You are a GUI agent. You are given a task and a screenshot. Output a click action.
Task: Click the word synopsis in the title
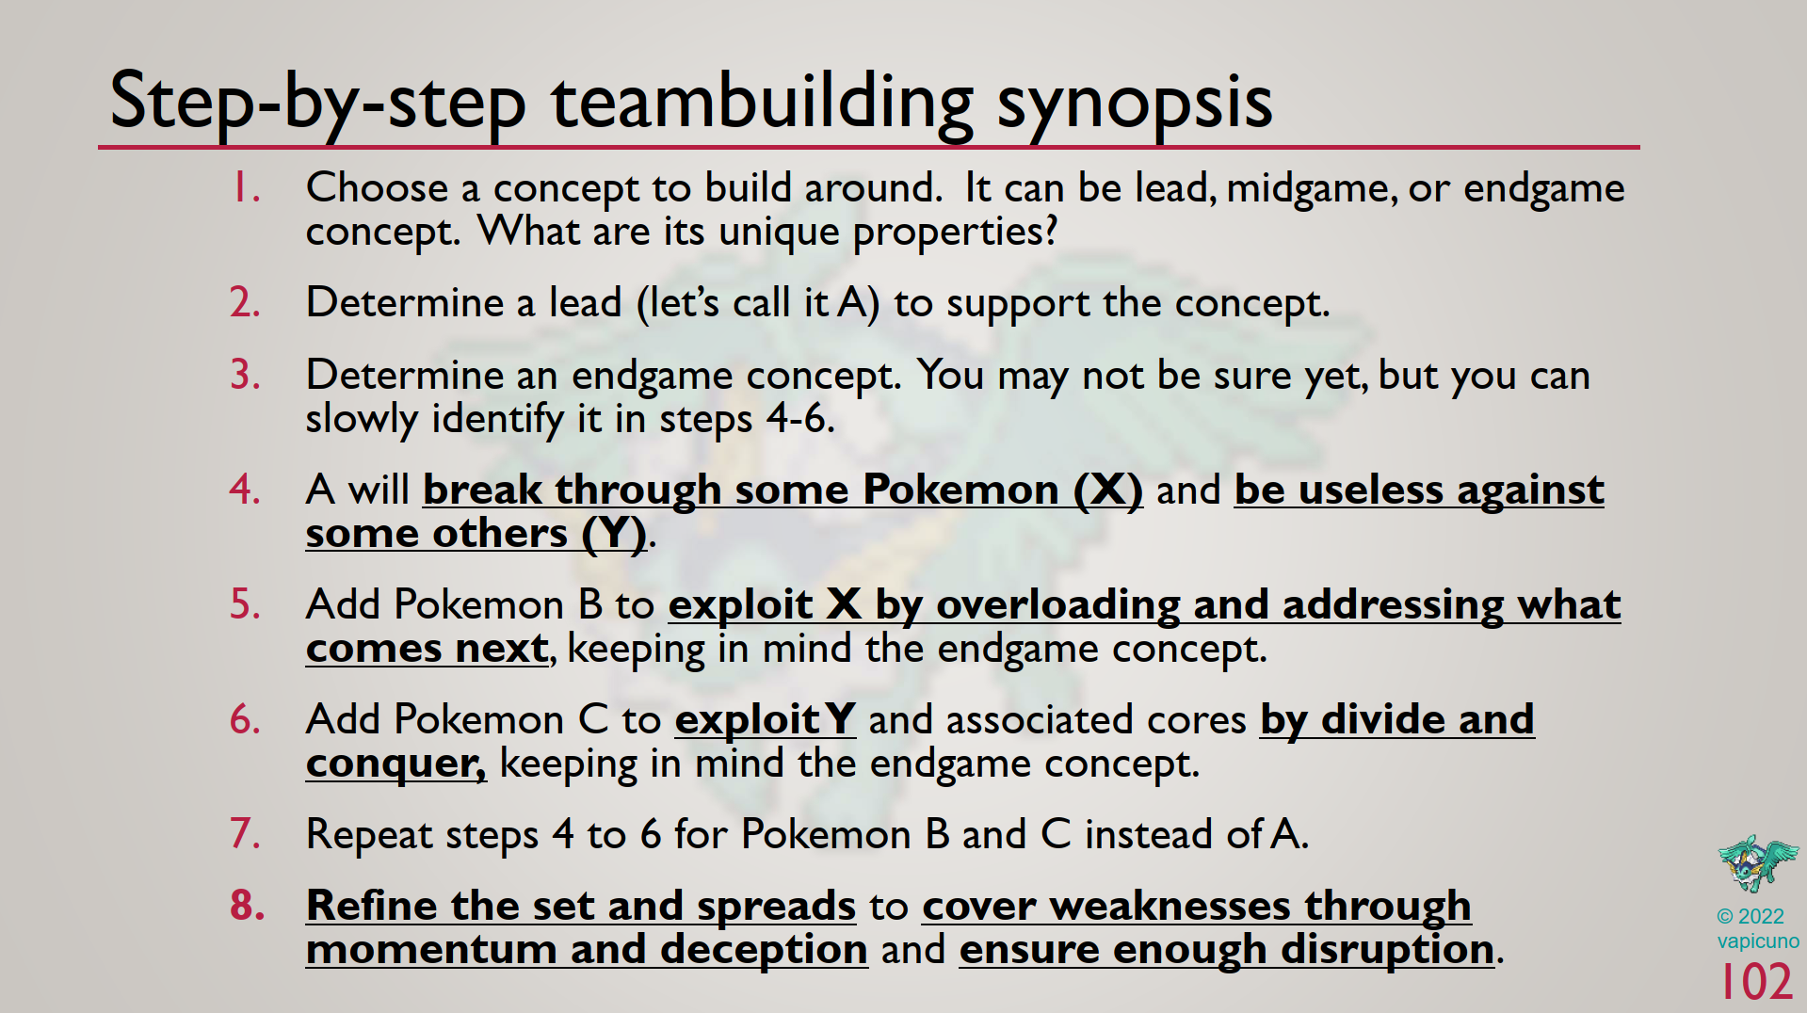tap(1135, 104)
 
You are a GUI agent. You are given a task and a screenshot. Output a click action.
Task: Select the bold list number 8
tap(248, 905)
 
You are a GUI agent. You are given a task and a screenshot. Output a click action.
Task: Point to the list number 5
tap(246, 603)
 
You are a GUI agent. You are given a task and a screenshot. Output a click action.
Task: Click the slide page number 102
tap(1756, 982)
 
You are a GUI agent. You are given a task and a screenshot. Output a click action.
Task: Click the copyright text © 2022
tap(1750, 916)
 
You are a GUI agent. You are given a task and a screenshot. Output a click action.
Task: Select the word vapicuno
tap(1757, 941)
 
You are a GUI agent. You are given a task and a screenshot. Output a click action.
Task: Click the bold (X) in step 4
tap(1108, 490)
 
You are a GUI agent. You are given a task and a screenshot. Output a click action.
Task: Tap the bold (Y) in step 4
tap(614, 534)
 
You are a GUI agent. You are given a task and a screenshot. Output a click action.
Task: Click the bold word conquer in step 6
tap(395, 764)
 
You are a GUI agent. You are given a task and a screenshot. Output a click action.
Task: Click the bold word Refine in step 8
tap(372, 905)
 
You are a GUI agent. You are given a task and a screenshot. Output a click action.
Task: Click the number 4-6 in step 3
tap(800, 419)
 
